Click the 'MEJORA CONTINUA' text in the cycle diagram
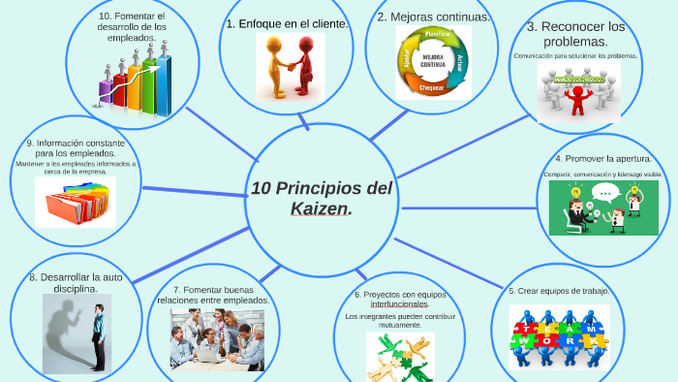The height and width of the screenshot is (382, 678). point(432,62)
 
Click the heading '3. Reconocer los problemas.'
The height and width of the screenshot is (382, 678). point(575,34)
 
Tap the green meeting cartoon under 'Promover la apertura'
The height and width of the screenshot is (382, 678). point(602,208)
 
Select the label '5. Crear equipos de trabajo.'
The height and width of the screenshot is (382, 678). point(559,291)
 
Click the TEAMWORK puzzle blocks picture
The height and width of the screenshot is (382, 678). point(559,337)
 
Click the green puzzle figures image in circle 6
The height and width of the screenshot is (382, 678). point(399,356)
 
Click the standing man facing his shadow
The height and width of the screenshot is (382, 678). point(98,334)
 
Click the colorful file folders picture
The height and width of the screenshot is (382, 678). point(76,205)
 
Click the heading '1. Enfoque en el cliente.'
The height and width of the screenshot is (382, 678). point(287,22)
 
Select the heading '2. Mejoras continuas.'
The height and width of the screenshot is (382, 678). point(433,16)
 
